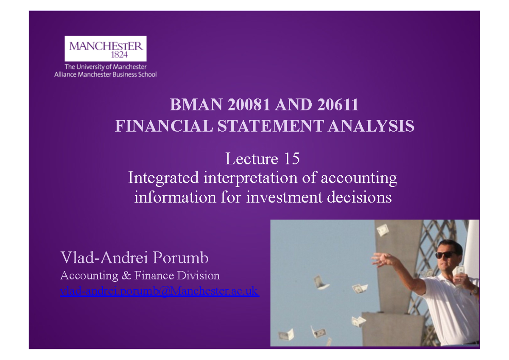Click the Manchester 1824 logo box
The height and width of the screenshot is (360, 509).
[x=105, y=48]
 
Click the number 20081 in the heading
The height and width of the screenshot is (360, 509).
[x=249, y=105]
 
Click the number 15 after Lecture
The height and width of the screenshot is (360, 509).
[x=292, y=159]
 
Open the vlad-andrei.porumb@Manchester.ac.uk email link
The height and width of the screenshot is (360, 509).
[x=159, y=291]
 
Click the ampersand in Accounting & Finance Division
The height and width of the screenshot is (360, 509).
[x=126, y=276]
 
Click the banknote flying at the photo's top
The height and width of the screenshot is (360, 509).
[x=383, y=230]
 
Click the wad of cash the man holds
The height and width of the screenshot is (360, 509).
[x=461, y=270]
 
